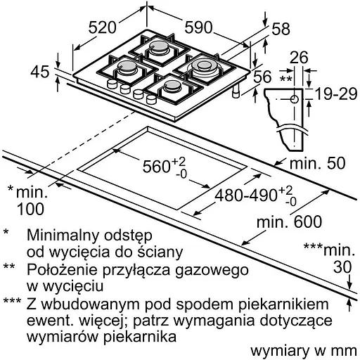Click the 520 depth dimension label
click(x=103, y=27)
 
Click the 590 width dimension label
click(x=198, y=27)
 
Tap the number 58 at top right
click(x=281, y=29)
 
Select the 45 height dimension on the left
click(x=40, y=72)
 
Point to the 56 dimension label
click(x=262, y=77)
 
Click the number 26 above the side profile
click(x=299, y=58)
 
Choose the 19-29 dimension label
click(x=335, y=94)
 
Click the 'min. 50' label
click(x=318, y=163)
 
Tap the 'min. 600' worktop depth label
click(x=289, y=221)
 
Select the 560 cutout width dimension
click(x=164, y=167)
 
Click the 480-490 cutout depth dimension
click(x=256, y=196)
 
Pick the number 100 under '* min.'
click(x=30, y=209)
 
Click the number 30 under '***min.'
click(x=342, y=267)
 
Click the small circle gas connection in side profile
click(x=294, y=99)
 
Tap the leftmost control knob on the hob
click(x=112, y=84)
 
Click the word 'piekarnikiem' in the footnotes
click(x=283, y=304)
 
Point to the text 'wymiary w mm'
click(x=304, y=352)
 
